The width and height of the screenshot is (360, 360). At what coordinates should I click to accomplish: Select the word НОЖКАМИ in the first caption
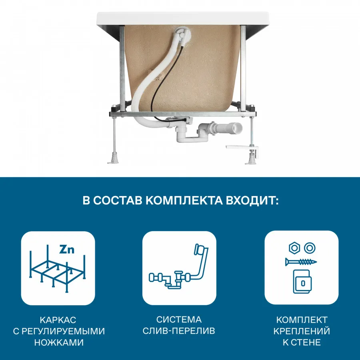point(58,342)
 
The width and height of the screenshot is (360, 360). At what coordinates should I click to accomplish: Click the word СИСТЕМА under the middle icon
point(179,320)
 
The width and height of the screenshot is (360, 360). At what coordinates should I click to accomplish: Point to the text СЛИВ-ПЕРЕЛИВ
point(179,331)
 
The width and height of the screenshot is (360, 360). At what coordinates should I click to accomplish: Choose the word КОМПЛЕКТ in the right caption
point(302,320)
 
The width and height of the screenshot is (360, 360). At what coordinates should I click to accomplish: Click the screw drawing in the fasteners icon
point(301,262)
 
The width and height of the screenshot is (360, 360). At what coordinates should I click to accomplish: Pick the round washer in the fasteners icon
point(309,248)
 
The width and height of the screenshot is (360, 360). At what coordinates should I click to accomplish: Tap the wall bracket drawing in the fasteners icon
point(302,281)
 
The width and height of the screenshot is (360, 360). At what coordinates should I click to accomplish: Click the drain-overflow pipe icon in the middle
point(179,268)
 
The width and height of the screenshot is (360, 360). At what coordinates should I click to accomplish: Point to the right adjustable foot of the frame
point(252,159)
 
